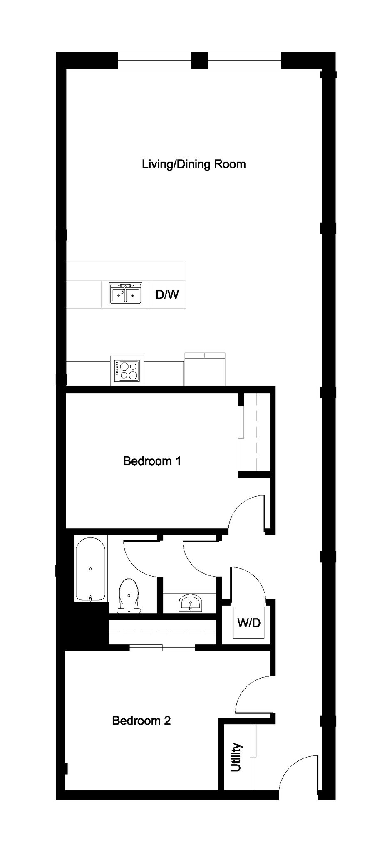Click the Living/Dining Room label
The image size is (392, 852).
194,164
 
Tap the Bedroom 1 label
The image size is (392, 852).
152,461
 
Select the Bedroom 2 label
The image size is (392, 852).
141,721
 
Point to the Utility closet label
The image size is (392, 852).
236,758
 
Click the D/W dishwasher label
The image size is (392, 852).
167,295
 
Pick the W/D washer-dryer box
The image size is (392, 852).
249,623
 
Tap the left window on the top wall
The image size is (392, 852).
154,60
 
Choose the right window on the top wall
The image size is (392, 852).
244,60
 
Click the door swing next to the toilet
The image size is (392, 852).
141,557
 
